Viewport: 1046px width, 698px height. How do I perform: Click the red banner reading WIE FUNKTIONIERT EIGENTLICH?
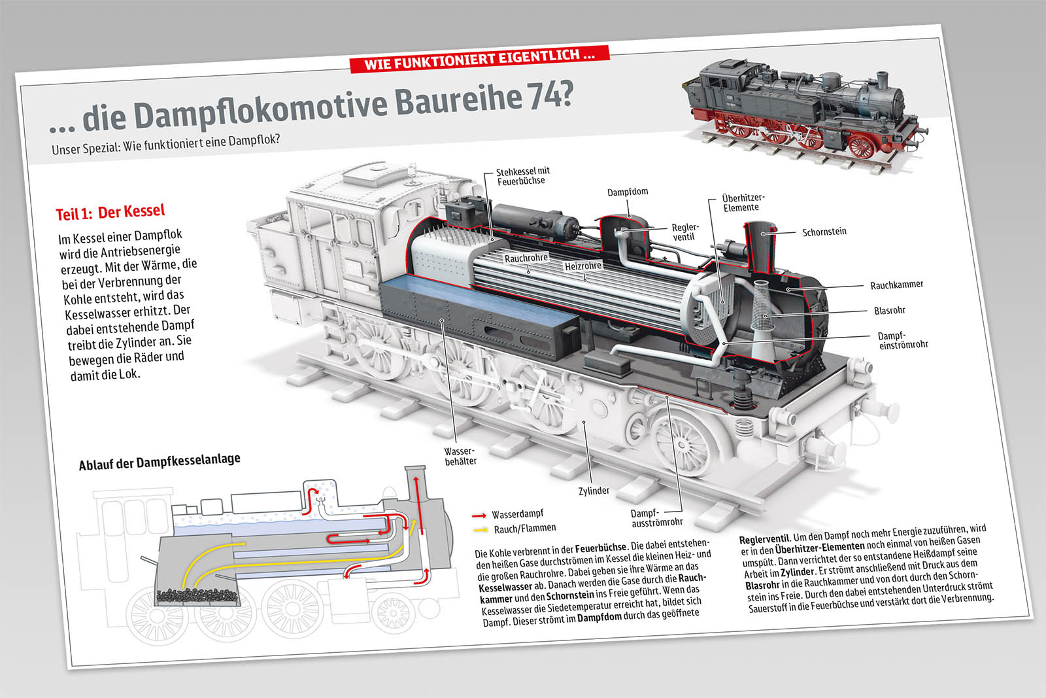click(x=479, y=58)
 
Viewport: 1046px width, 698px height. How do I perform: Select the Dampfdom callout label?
click(x=628, y=192)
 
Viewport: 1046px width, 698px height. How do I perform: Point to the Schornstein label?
click(x=824, y=232)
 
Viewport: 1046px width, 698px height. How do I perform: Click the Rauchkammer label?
click(x=896, y=285)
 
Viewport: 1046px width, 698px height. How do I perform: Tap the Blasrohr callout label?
click(x=889, y=310)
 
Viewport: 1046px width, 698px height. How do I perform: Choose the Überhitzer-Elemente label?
click(x=743, y=203)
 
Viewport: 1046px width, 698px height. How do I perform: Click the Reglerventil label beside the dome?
click(x=684, y=232)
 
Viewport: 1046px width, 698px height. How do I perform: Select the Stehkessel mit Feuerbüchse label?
click(x=522, y=176)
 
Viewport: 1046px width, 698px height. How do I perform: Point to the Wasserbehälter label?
click(x=460, y=456)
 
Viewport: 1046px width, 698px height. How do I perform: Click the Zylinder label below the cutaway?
click(x=594, y=491)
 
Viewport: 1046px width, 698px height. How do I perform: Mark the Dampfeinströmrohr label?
click(x=902, y=340)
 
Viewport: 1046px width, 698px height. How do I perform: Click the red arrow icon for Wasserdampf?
click(x=479, y=515)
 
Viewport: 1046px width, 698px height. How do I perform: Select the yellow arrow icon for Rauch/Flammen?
click(x=481, y=530)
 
